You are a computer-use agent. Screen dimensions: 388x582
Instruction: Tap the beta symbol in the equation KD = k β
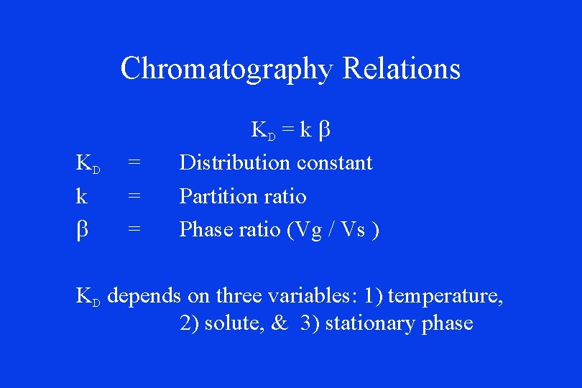click(x=323, y=131)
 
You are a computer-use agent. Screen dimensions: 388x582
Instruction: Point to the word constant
click(x=335, y=163)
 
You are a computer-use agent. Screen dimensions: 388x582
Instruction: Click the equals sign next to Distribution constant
click(x=133, y=163)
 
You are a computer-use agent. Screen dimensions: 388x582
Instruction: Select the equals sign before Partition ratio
click(x=133, y=196)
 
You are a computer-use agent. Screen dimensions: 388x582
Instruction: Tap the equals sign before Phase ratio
click(x=133, y=229)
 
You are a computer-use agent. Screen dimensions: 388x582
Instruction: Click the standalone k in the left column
click(x=82, y=196)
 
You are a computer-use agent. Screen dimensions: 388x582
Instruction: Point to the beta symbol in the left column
click(x=82, y=230)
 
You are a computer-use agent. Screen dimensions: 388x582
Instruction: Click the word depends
click(x=144, y=296)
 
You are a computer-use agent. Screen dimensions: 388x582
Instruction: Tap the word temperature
click(x=445, y=296)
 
